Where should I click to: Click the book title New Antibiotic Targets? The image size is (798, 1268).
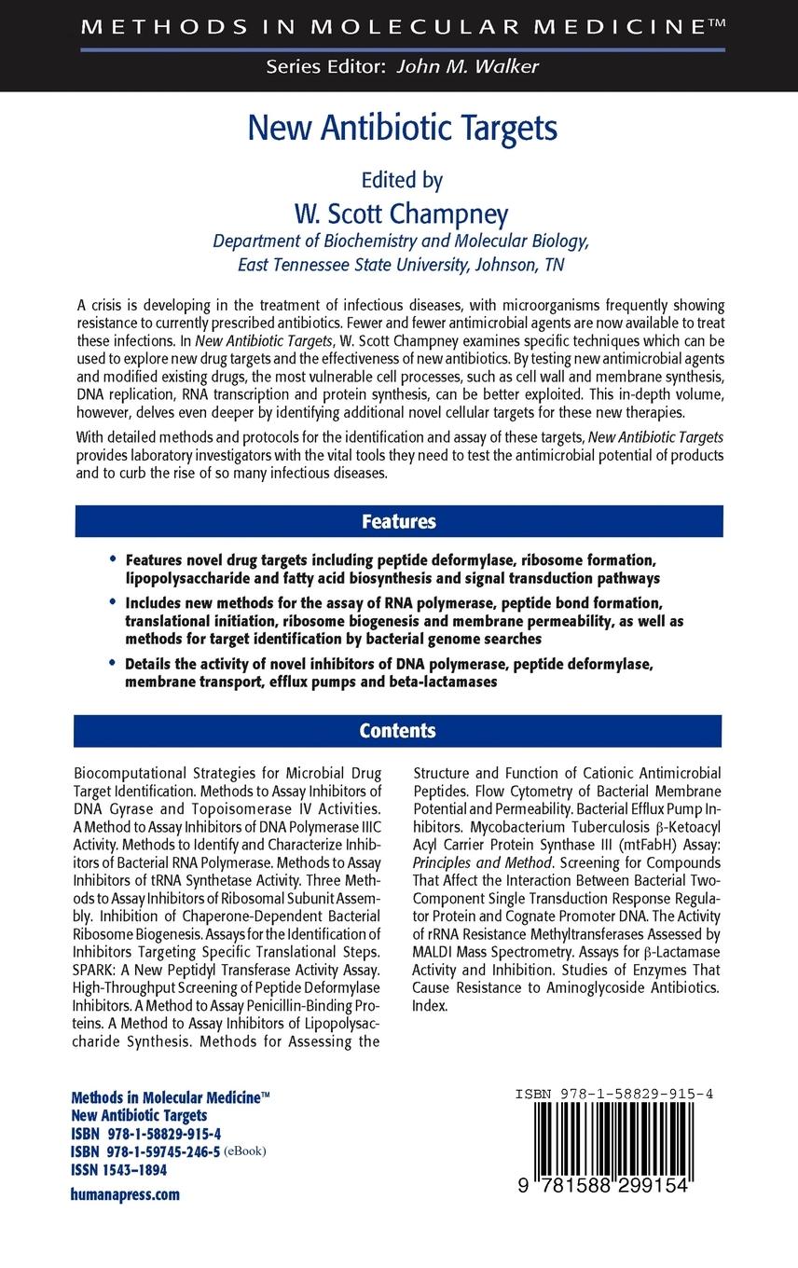(402, 128)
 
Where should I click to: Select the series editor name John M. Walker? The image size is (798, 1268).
(467, 66)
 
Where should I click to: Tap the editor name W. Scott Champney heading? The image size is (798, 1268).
(401, 214)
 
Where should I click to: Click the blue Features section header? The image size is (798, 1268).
(398, 521)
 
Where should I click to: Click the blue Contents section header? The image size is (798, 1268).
(398, 731)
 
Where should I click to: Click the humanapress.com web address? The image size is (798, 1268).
(125, 1193)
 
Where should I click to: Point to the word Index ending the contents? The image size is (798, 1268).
(430, 1006)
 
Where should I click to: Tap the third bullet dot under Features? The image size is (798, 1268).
(114, 664)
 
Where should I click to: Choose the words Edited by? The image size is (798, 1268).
(401, 179)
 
